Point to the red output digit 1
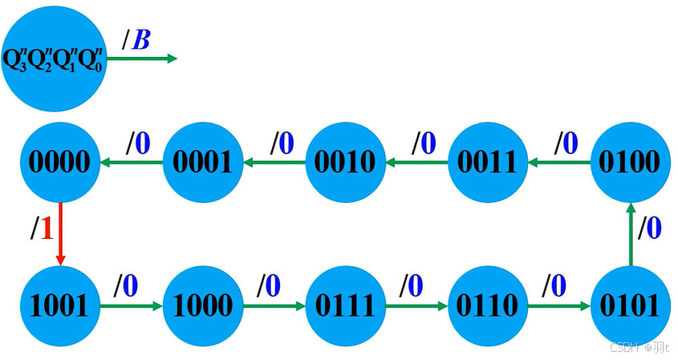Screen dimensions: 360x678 pyautogui.click(x=46, y=229)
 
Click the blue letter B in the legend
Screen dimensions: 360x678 pyautogui.click(x=140, y=39)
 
